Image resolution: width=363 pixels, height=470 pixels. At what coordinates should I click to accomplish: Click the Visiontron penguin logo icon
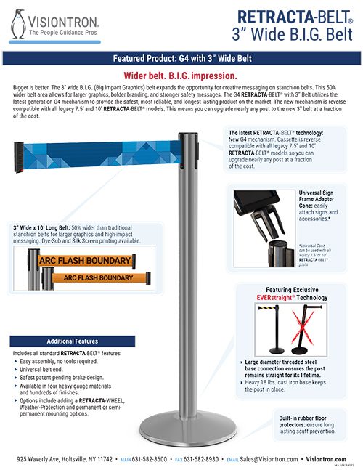pos(19,23)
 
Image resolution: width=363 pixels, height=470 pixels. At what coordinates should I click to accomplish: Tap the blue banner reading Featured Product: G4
pos(181,59)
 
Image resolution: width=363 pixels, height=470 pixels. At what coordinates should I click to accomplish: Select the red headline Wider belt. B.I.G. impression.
pos(181,75)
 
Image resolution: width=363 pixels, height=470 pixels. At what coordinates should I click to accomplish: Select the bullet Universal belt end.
pos(50,368)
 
